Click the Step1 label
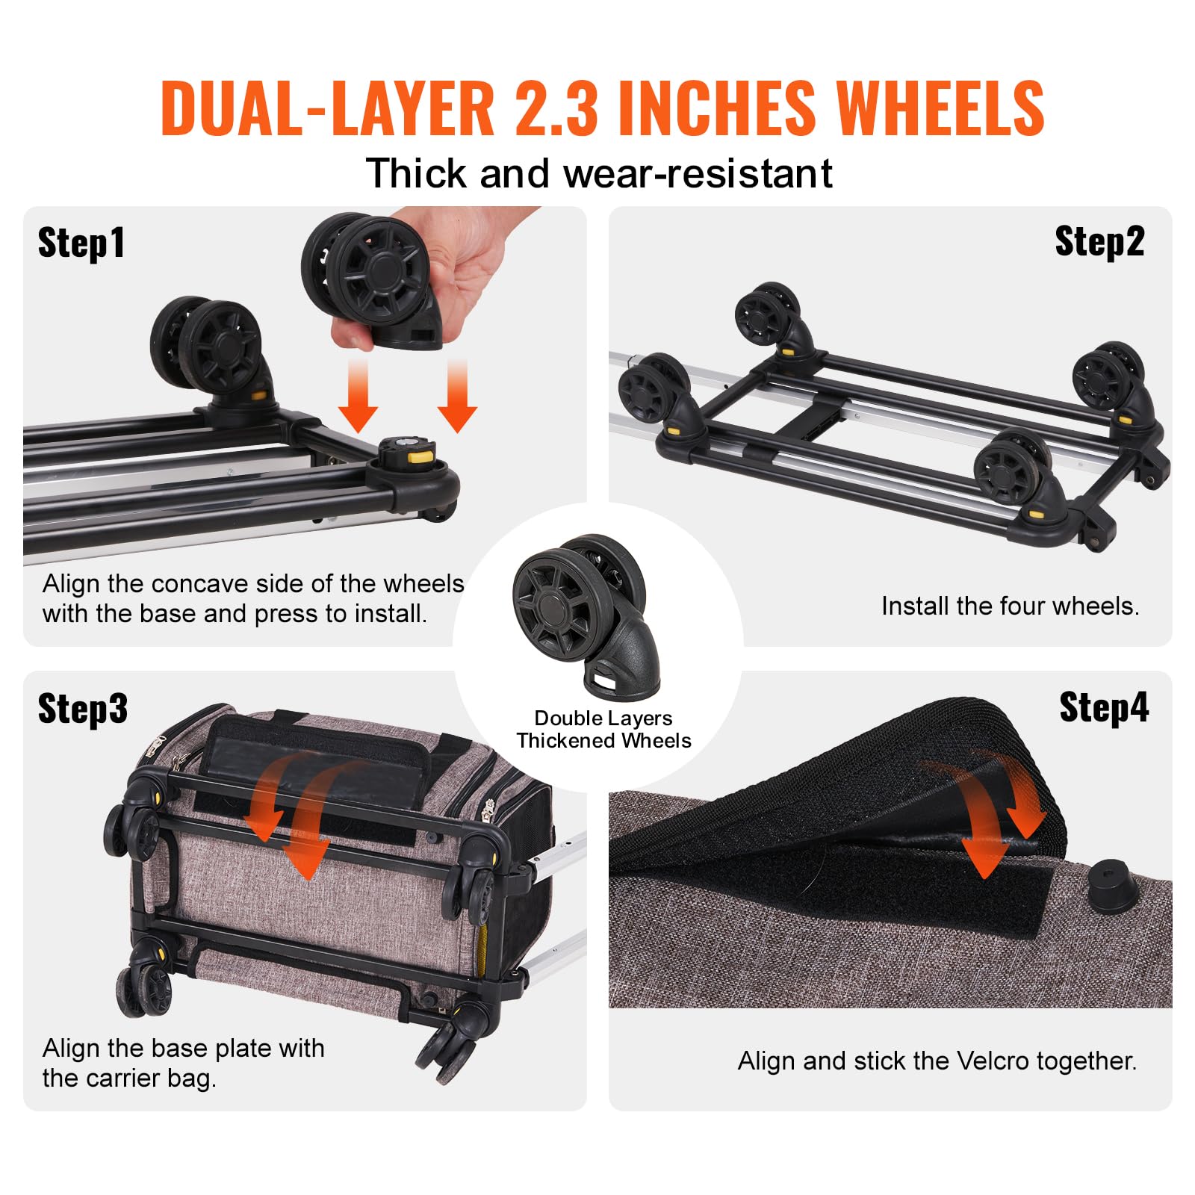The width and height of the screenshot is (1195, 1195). [81, 243]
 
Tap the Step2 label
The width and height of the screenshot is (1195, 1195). [1099, 242]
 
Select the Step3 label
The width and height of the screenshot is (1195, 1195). [82, 708]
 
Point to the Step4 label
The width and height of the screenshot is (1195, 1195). [1103, 707]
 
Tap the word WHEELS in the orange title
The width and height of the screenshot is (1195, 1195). [940, 108]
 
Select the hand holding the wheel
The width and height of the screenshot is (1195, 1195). [456, 269]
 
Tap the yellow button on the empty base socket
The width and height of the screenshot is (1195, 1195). [422, 453]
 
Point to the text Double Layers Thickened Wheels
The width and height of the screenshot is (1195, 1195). [603, 730]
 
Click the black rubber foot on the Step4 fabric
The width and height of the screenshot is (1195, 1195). [1112, 886]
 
